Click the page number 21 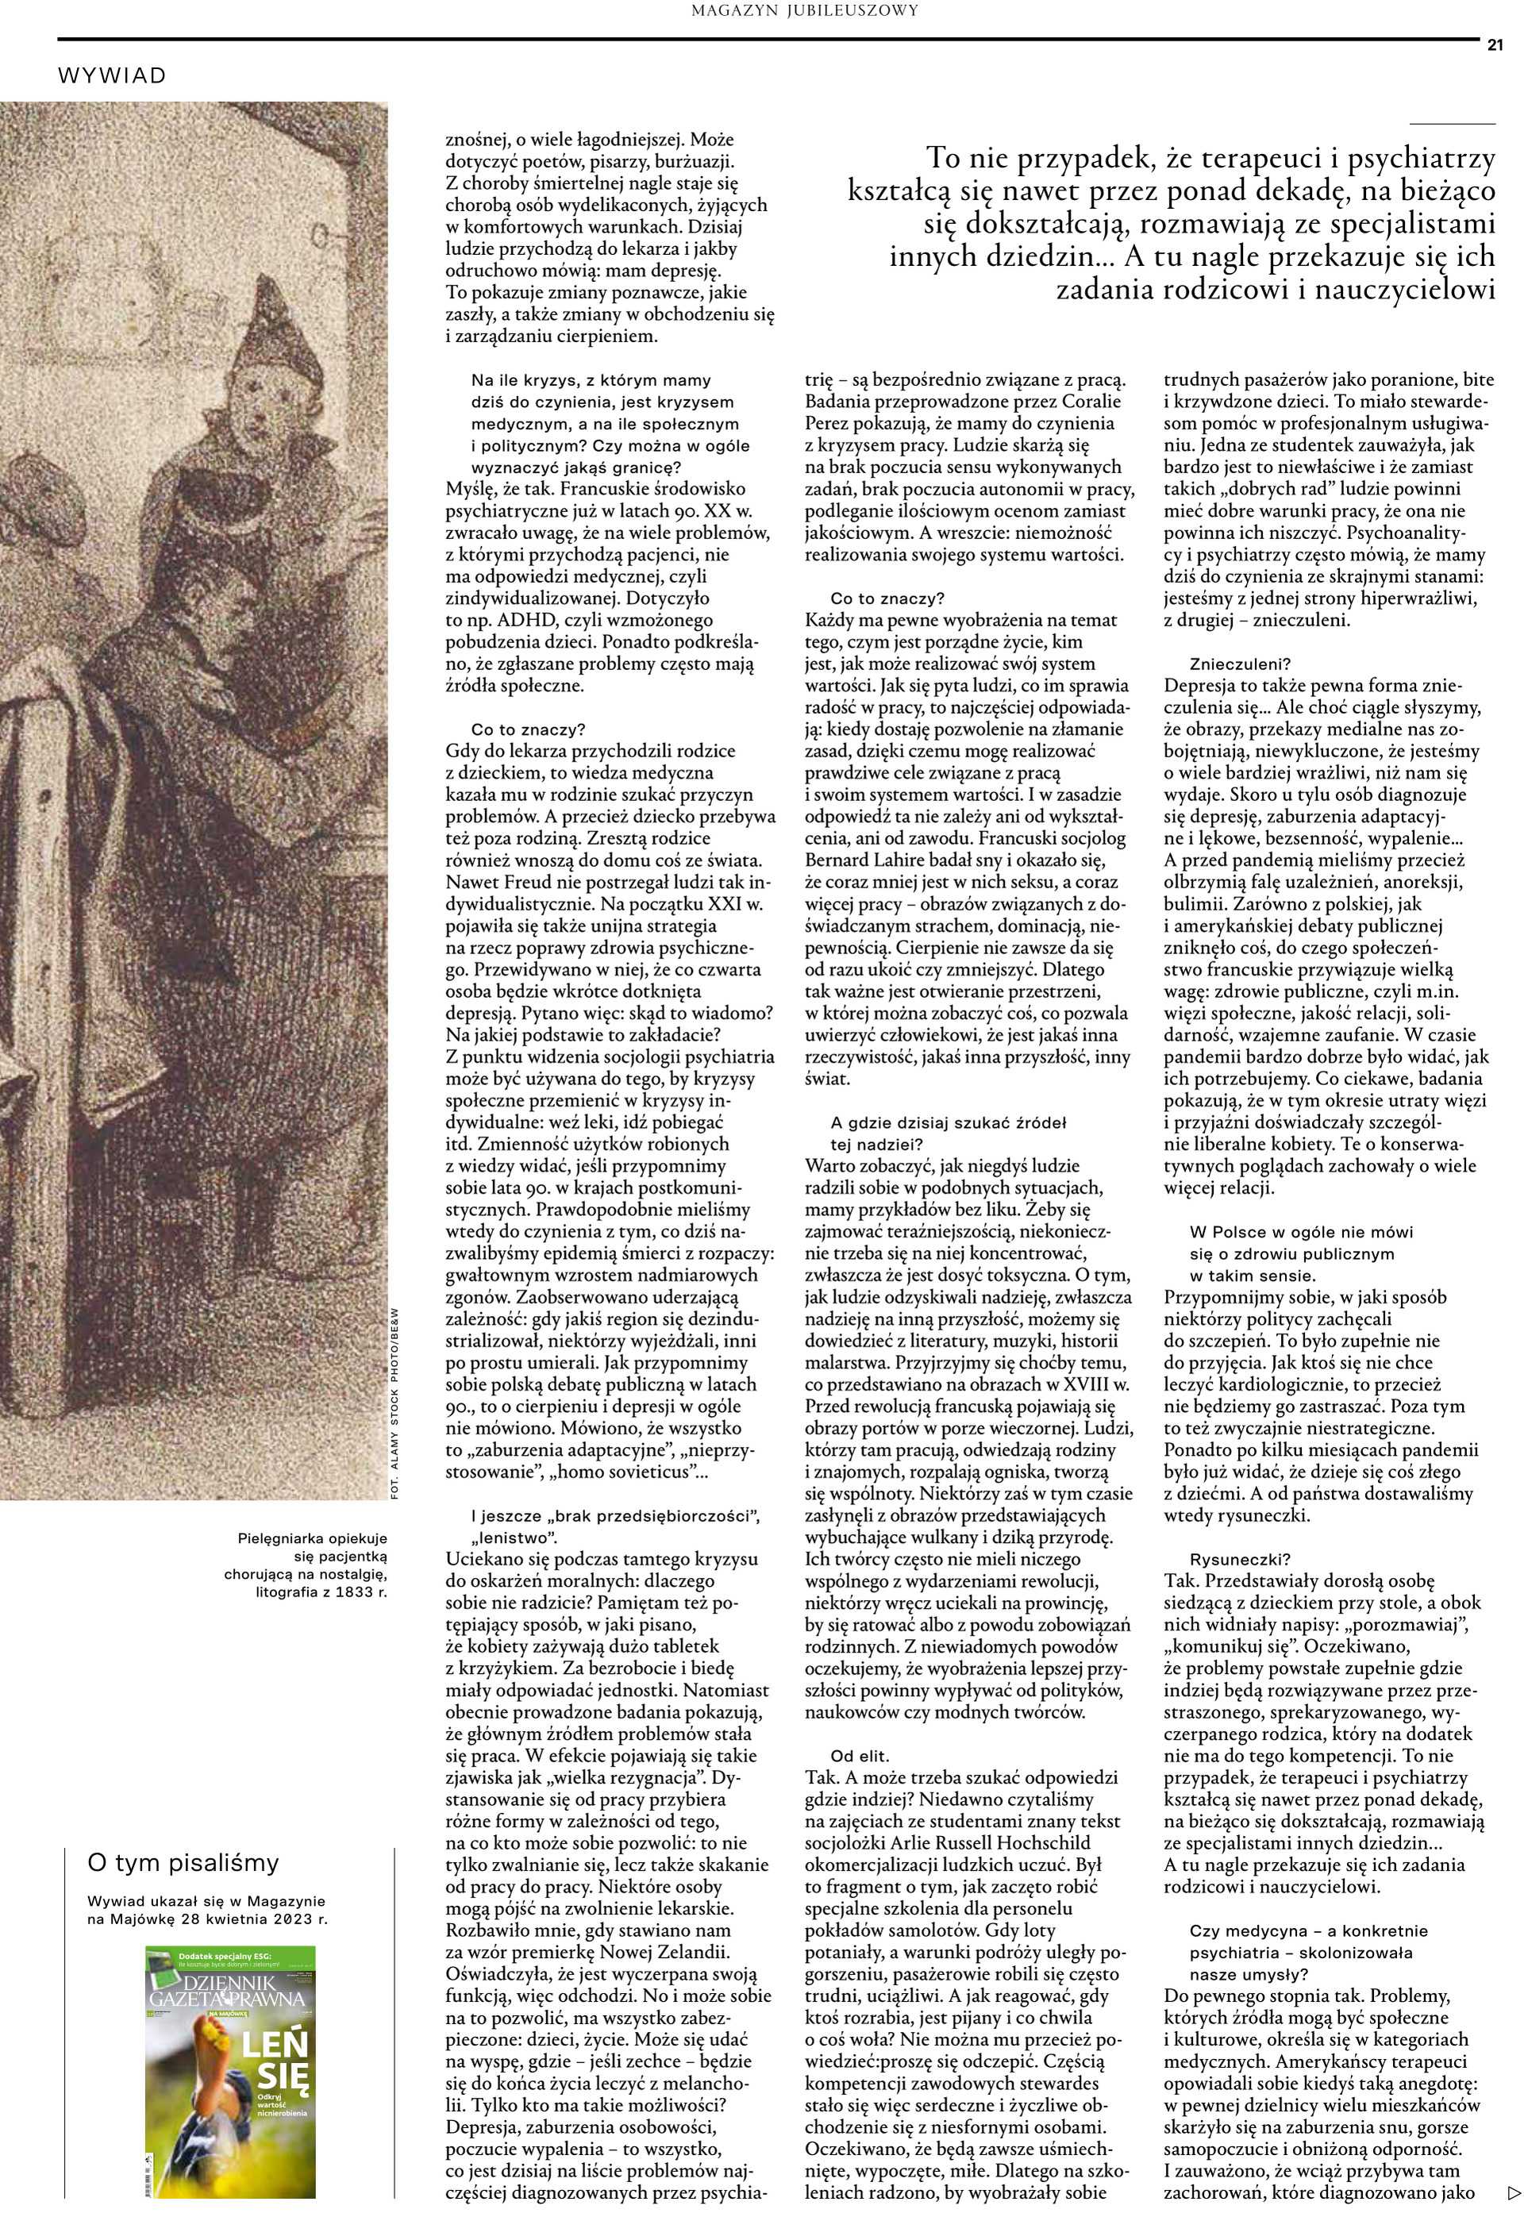(1495, 45)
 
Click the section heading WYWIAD (112, 75)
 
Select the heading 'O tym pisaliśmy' (183, 1863)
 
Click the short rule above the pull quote (1452, 124)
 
